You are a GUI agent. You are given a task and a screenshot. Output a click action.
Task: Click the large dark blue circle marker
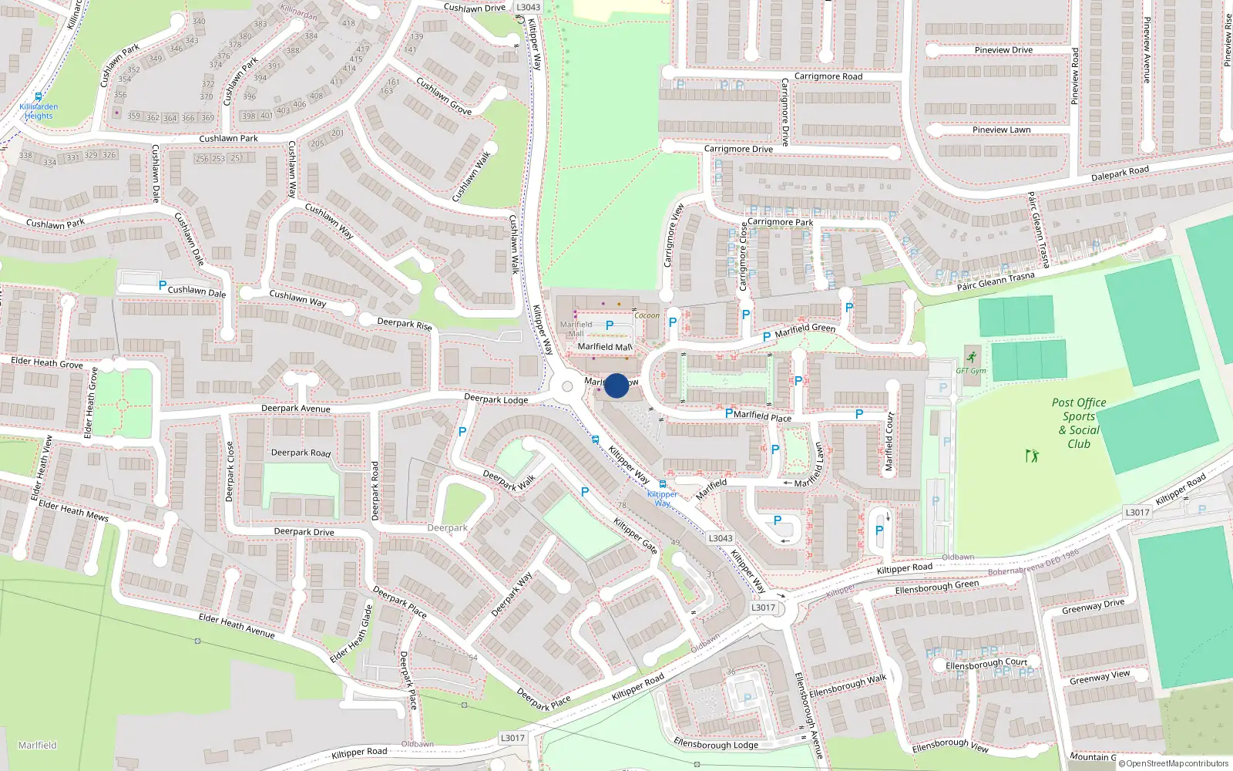[616, 385]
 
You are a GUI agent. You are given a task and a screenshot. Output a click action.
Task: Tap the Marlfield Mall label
[605, 347]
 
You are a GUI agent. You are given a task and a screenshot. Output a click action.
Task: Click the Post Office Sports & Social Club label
[1079, 423]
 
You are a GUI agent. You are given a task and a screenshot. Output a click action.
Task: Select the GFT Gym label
[971, 371]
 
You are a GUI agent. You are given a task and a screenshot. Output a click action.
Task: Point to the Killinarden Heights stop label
[39, 112]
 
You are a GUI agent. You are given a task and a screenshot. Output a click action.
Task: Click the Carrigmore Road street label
[828, 76]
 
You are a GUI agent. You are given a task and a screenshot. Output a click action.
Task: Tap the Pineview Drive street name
[1003, 50]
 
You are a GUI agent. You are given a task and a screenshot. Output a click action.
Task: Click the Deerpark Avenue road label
[295, 409]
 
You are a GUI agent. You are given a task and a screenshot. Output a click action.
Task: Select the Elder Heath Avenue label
[237, 625]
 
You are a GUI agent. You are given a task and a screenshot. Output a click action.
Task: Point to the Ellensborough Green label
[937, 587]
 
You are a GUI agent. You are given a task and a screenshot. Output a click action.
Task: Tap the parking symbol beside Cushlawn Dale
[162, 285]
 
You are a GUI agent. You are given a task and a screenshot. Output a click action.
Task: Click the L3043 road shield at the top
[528, 7]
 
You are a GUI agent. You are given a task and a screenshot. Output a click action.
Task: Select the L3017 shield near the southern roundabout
[763, 608]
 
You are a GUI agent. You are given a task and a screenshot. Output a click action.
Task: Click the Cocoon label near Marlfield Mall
[647, 315]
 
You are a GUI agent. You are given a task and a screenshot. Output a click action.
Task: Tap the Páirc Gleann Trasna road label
[996, 281]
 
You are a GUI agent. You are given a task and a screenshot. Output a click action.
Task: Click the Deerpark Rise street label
[405, 324]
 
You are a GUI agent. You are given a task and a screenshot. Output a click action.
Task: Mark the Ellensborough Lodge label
[716, 744]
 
